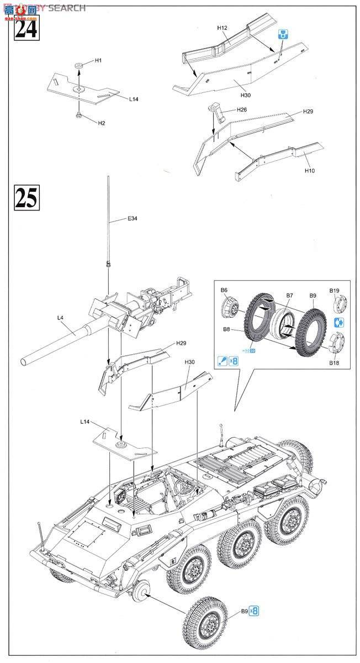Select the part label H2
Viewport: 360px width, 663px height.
point(101,123)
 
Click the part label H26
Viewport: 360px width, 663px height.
point(241,110)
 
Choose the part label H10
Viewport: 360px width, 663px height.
point(310,171)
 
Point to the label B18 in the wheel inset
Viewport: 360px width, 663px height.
point(335,364)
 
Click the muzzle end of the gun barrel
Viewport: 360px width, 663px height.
point(24,362)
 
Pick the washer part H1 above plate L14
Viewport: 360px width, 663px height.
point(78,66)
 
